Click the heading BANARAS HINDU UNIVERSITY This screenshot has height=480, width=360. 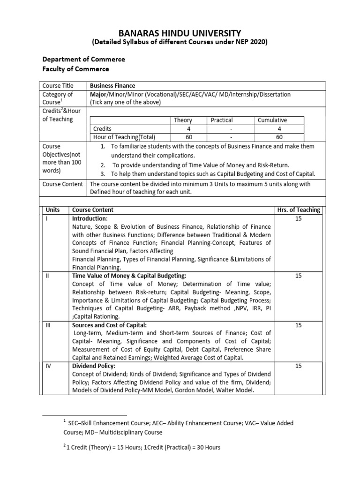tap(180, 33)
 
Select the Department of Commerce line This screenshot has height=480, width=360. tap(83, 60)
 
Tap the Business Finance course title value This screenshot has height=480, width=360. tap(112, 86)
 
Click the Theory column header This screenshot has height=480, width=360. tap(183, 120)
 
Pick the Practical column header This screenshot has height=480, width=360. tap(221, 120)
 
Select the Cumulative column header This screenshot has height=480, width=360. tap(272, 120)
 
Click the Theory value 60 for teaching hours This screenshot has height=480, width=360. tap(183, 137)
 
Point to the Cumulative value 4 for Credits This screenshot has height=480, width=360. tap(279, 129)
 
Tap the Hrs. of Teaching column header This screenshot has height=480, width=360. tap(298, 210)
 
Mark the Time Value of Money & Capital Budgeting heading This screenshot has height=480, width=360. tap(129, 276)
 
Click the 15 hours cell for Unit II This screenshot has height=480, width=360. tap(298, 276)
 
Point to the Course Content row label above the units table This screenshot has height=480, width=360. tap(63, 184)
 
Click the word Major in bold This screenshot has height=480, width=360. tap(99, 94)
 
